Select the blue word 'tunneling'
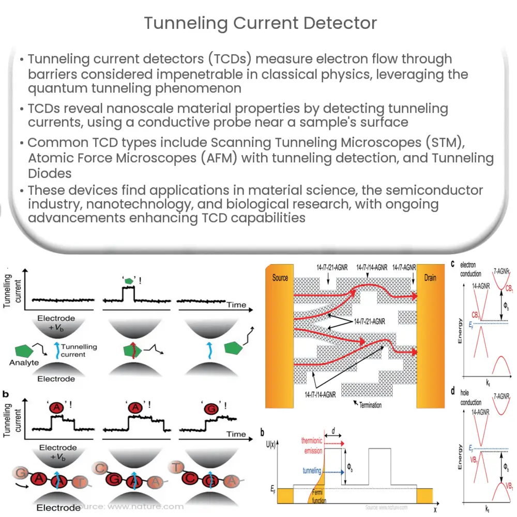[312, 471]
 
